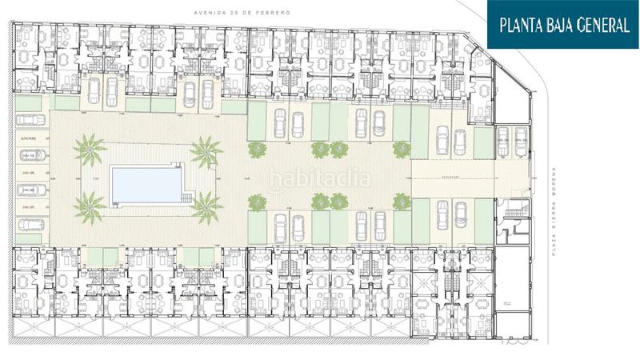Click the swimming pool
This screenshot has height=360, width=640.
[x=146, y=185]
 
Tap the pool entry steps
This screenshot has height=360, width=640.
[x=187, y=197]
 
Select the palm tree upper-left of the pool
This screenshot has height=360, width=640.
[x=89, y=150]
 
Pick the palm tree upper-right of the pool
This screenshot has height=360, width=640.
[x=206, y=150]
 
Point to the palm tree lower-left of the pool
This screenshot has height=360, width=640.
[x=88, y=207]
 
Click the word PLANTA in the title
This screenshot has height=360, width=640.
[x=524, y=25]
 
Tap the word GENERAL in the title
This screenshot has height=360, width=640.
[x=601, y=25]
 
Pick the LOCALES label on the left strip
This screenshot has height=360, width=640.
[x=30, y=138]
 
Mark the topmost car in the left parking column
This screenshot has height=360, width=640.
[x=30, y=120]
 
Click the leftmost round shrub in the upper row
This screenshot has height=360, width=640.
[x=258, y=150]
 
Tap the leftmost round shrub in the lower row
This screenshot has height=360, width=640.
[x=258, y=202]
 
